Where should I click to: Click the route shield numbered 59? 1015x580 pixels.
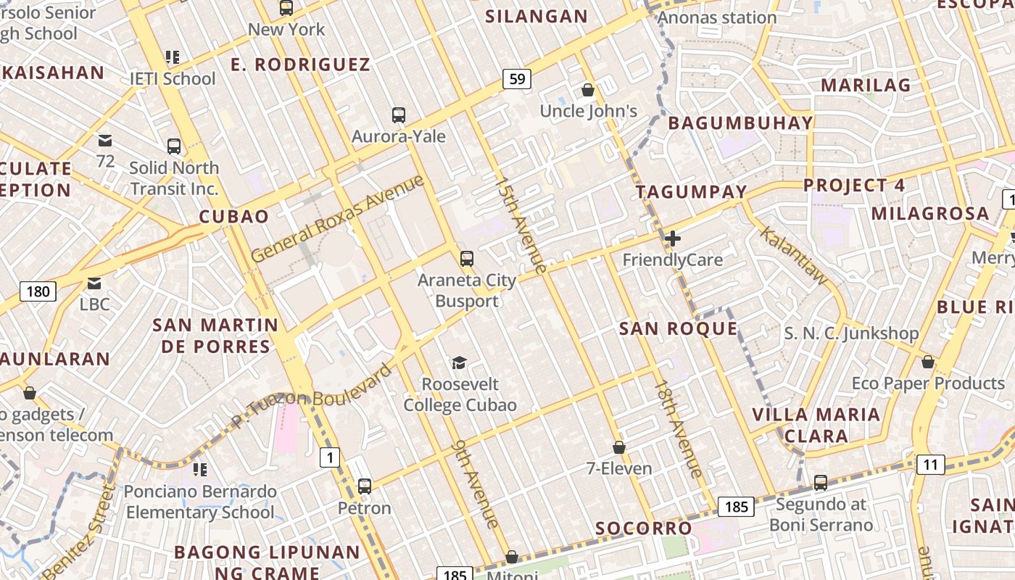[x=517, y=78]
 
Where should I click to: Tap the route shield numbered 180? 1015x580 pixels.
[x=38, y=291]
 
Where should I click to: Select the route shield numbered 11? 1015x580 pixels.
[x=930, y=464]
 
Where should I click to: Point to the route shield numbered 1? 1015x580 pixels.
[x=330, y=457]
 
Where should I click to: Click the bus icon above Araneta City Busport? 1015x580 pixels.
[x=467, y=258]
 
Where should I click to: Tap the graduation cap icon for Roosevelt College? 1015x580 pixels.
[x=458, y=362]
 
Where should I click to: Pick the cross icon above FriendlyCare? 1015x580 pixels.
[x=673, y=238]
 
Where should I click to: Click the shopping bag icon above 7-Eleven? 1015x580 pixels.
[x=618, y=447]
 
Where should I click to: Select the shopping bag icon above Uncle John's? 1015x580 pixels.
[x=588, y=90]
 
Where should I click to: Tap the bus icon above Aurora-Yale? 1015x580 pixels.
[x=398, y=115]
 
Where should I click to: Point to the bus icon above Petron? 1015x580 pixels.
[x=365, y=486]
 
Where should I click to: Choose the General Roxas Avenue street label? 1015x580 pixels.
[x=337, y=218]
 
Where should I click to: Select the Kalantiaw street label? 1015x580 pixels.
[x=793, y=254]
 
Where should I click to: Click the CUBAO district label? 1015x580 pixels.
[x=233, y=216]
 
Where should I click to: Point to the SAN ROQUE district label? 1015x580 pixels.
[x=678, y=328]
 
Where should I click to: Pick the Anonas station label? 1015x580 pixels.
[x=717, y=17]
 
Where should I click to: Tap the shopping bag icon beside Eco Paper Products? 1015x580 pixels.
[x=927, y=362]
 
